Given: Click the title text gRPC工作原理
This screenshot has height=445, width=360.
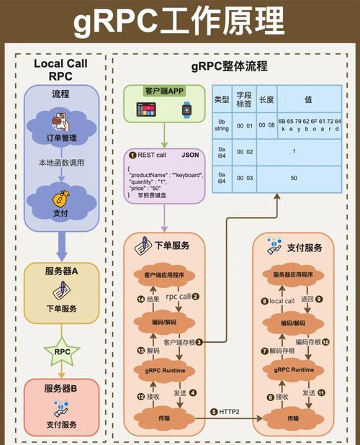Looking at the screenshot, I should coord(179,23).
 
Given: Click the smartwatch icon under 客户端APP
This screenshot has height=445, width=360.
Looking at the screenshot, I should coord(186,109).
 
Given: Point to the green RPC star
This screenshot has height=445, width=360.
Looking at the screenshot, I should coord(60,352).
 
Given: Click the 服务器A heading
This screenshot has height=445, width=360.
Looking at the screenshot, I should coord(60,270).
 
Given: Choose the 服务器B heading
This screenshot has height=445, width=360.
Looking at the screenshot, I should coord(60,388).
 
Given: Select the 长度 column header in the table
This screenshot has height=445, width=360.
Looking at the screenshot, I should coord(266,99).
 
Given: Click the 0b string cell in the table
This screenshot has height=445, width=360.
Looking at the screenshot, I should coord(223,127).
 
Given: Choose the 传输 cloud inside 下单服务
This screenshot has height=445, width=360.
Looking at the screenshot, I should coord(165,417).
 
